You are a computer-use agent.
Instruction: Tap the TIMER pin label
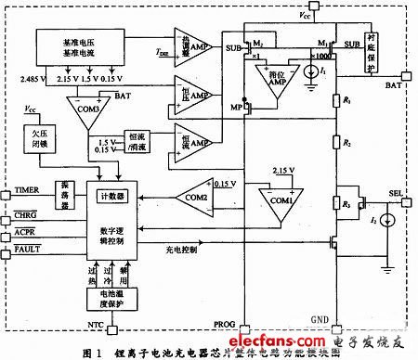click(x=26, y=188)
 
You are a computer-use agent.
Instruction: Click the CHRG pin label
click(x=24, y=215)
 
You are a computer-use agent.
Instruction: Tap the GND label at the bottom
click(x=319, y=316)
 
